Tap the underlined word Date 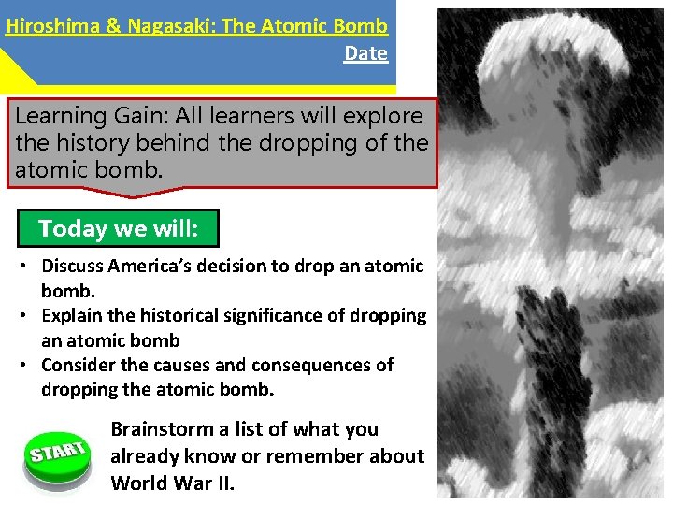coord(365,53)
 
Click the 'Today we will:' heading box coord(118,228)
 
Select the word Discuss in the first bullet coord(73,267)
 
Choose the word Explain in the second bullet coord(72,316)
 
